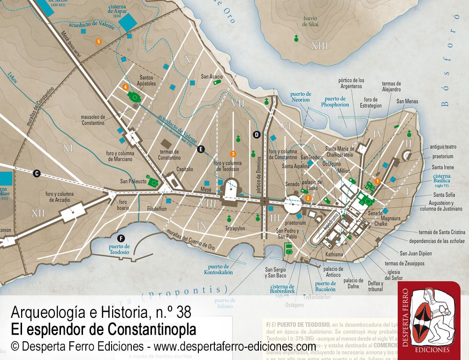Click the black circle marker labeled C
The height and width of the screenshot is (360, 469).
click(x=37, y=173)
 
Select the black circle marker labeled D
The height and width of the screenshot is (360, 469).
click(x=257, y=135)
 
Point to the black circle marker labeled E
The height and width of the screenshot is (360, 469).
click(x=201, y=150)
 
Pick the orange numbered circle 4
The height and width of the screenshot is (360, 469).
click(x=125, y=87)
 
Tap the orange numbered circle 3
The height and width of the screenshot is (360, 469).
click(x=233, y=154)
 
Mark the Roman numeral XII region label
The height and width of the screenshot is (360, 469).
click(x=38, y=214)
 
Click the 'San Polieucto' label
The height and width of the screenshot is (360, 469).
click(x=133, y=181)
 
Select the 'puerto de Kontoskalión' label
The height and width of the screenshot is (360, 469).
click(x=218, y=269)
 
